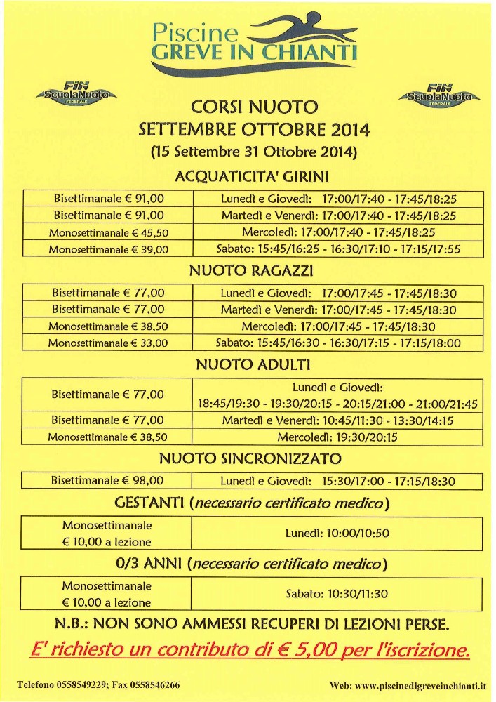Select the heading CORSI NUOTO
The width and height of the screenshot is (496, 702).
tap(254, 107)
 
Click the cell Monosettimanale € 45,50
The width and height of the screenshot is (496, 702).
tap(109, 232)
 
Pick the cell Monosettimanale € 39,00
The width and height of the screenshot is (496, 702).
tap(109, 249)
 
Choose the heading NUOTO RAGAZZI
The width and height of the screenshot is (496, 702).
tap(252, 270)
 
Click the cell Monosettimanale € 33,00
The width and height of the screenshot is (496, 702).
tap(108, 343)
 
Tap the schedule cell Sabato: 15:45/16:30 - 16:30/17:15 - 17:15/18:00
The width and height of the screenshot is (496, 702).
tap(337, 343)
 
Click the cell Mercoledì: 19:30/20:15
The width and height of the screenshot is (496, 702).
tap(337, 437)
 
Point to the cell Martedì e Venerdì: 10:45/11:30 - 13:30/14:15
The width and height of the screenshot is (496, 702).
tap(337, 420)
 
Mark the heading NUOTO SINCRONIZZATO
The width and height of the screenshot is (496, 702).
tap(250, 459)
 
